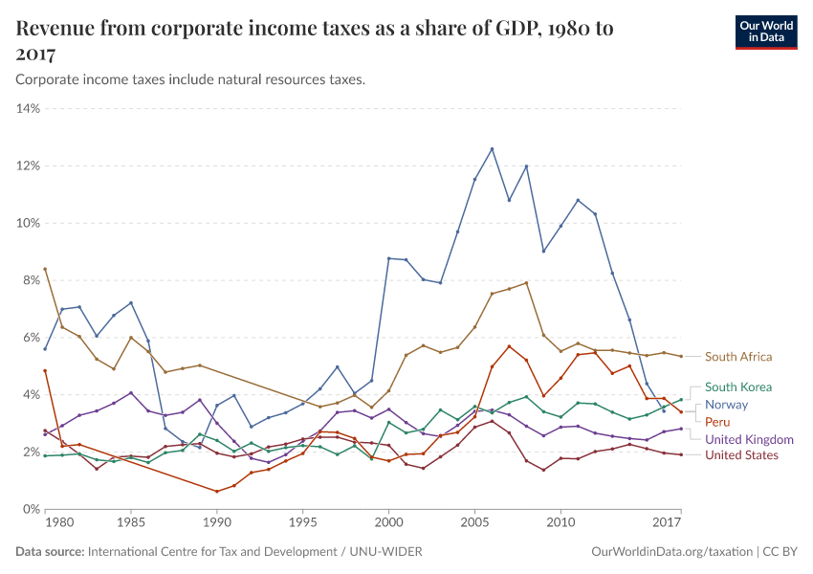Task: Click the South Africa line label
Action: coord(737,357)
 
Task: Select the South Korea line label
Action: coord(737,387)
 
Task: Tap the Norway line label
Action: coord(726,405)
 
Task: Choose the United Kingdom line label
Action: coord(749,439)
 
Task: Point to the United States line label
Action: coord(741,454)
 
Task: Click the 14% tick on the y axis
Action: coord(27,109)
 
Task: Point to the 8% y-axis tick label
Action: coord(30,280)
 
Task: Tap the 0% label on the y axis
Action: coord(30,509)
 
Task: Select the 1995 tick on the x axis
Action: coord(303,523)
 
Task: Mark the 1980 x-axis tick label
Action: coord(59,523)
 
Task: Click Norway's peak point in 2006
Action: coord(492,148)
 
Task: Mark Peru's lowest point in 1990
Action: coord(217,492)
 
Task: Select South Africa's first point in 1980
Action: coord(45,269)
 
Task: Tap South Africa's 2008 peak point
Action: coord(526,282)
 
